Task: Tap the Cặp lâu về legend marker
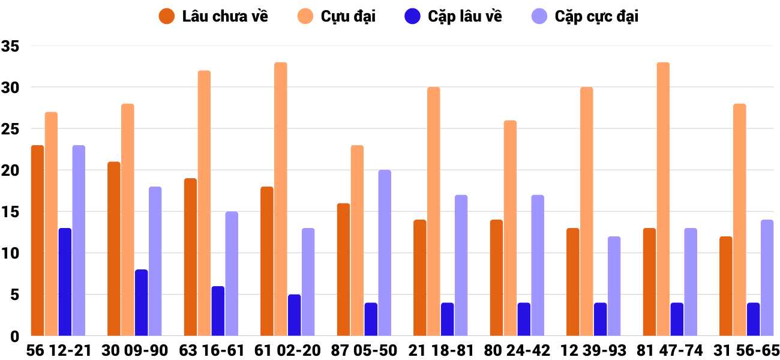point(412,16)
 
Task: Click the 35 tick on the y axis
point(11,46)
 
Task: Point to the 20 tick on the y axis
point(11,171)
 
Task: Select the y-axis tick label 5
point(15,295)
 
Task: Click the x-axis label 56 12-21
point(58,350)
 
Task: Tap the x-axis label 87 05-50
point(364,350)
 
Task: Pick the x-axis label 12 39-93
point(593,350)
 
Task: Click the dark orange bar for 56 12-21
point(37,240)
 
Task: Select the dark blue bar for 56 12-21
point(65,282)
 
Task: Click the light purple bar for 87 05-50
point(385,253)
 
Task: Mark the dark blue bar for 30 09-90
point(141,302)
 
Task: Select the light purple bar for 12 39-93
point(614,286)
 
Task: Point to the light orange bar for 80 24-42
point(510,228)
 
